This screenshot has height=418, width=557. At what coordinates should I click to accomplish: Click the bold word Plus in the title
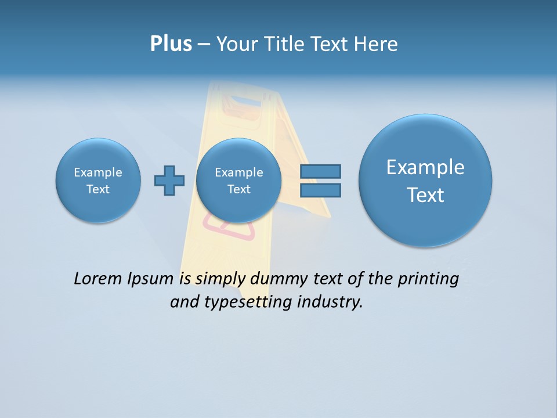(171, 44)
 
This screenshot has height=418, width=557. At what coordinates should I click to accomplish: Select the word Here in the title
(376, 44)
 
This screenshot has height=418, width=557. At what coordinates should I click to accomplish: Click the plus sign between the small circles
(169, 181)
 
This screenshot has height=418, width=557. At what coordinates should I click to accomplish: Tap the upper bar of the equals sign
(320, 171)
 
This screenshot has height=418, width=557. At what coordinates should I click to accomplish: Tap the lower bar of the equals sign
(320, 190)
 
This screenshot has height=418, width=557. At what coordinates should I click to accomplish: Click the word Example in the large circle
(425, 167)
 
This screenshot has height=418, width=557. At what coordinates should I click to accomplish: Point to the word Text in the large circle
(425, 195)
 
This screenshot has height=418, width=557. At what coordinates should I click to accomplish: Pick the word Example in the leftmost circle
(98, 172)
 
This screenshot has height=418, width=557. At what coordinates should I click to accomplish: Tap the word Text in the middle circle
(238, 189)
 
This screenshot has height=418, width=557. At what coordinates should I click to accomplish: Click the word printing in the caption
(428, 279)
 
